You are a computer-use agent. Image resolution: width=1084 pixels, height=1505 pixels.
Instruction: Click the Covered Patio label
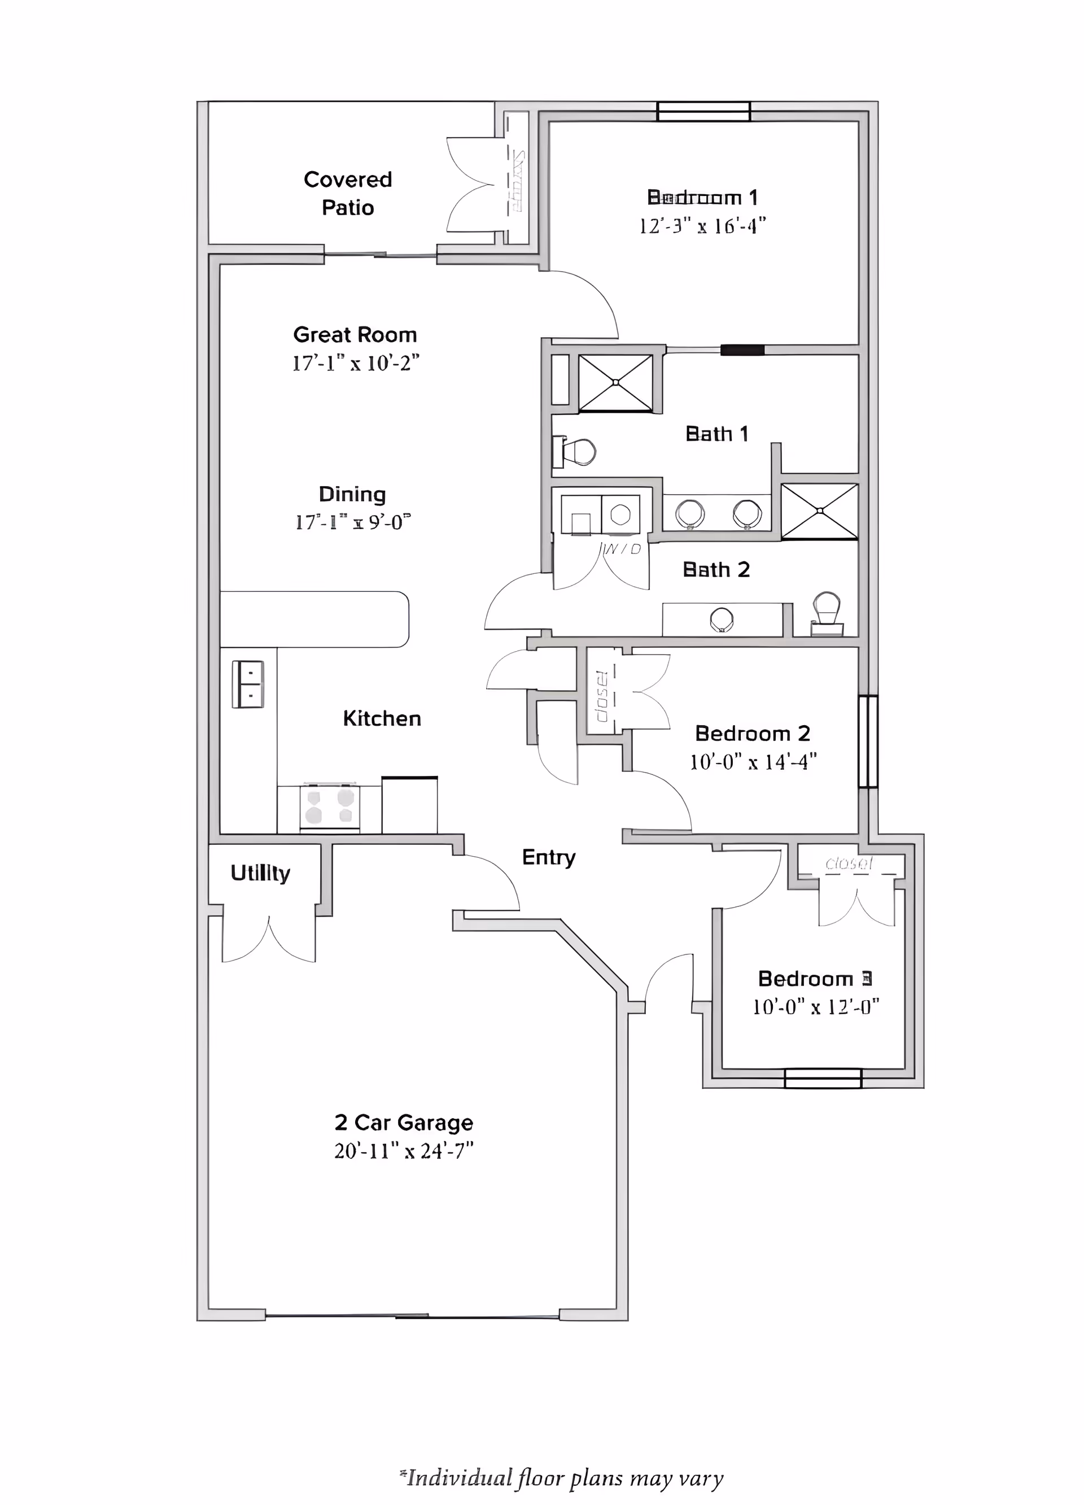(x=348, y=193)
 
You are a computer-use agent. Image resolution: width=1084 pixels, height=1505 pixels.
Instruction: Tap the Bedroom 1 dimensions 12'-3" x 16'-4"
(x=702, y=226)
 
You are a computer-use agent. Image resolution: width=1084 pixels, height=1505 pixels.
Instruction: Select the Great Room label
(x=355, y=334)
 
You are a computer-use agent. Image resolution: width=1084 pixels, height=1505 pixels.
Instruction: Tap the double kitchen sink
(x=247, y=684)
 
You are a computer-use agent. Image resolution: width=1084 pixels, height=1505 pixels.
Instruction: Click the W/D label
(x=622, y=549)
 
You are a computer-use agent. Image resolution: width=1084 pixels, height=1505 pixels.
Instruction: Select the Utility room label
(x=260, y=873)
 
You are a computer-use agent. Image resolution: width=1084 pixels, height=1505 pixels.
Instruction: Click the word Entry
(x=549, y=857)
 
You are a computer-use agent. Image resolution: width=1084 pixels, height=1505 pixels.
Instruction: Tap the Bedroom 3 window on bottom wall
(x=823, y=1078)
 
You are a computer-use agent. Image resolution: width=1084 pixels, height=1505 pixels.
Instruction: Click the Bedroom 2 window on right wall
(x=868, y=741)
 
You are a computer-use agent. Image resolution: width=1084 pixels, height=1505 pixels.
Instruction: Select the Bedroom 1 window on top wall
(x=703, y=111)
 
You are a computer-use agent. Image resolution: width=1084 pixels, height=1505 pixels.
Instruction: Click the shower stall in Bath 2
(x=820, y=511)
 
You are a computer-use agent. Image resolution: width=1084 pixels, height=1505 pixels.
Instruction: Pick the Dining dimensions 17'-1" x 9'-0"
(x=353, y=523)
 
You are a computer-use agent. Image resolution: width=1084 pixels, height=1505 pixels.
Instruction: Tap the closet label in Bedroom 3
(x=849, y=863)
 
